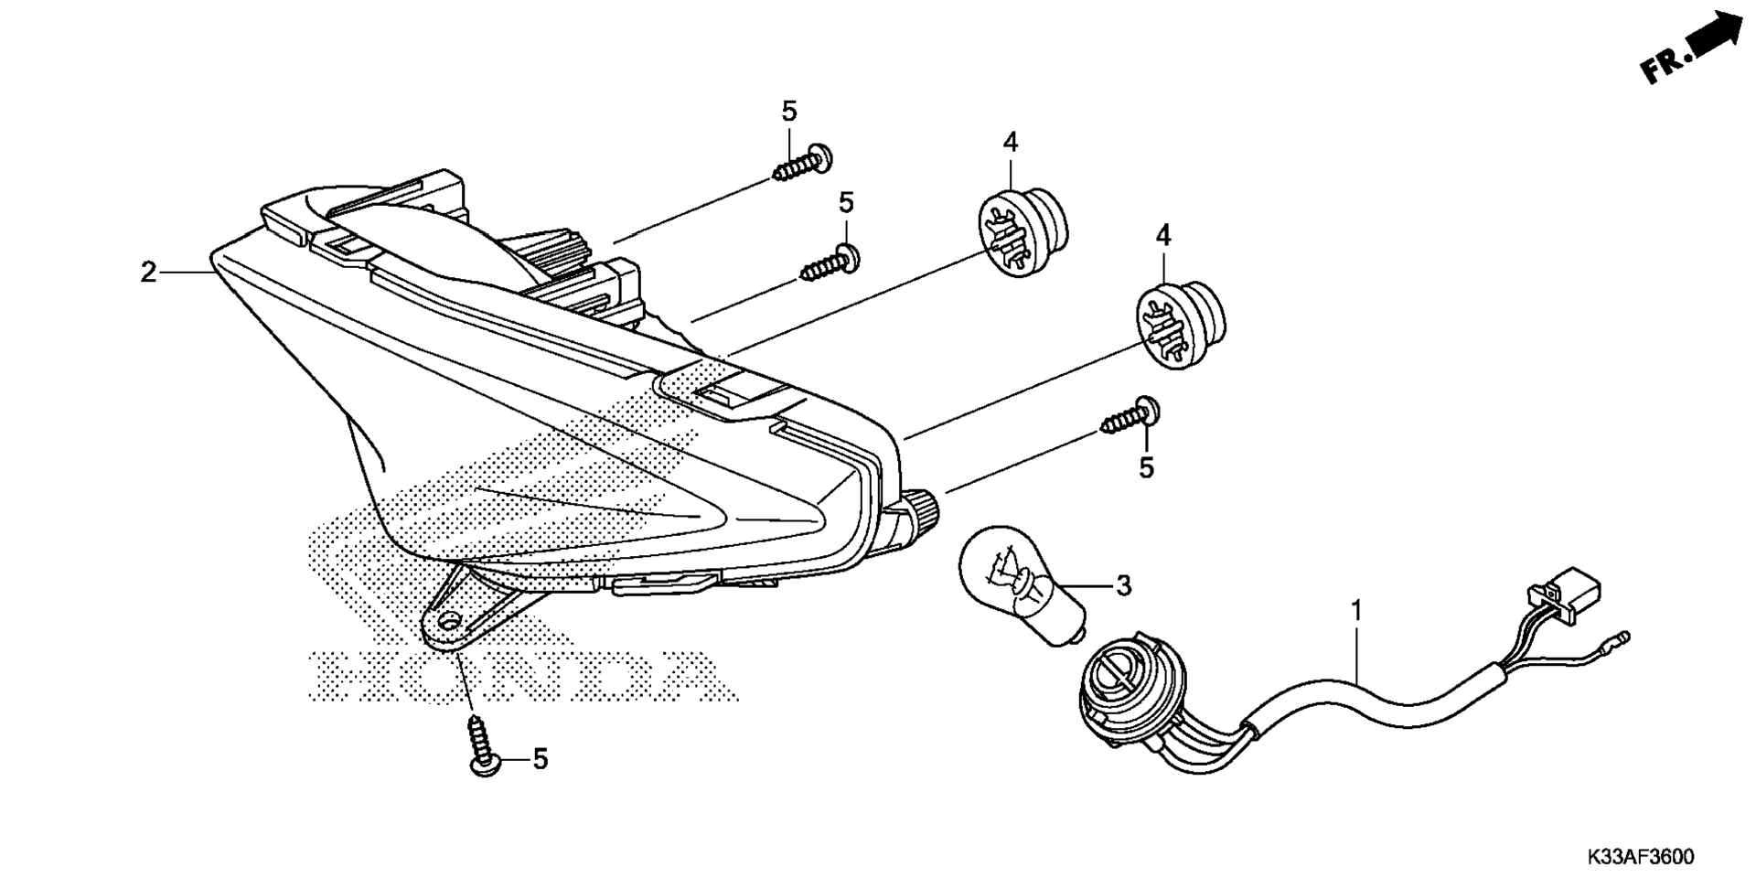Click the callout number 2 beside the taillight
(148, 272)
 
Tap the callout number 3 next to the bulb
(1123, 584)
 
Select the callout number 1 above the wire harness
(1357, 609)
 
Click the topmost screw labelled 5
(803, 164)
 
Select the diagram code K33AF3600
(1641, 858)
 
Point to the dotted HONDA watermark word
(522, 676)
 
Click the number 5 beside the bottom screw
(541, 759)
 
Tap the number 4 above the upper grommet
(1010, 142)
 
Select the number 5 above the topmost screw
(789, 112)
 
